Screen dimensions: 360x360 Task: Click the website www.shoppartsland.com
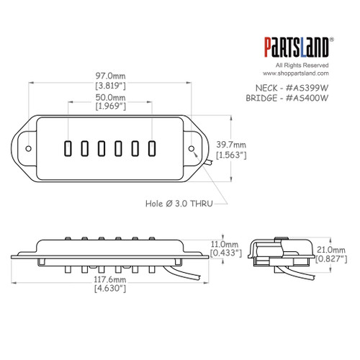click(x=294, y=73)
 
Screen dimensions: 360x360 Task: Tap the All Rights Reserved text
click(x=295, y=66)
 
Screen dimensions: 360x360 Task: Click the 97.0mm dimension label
click(x=112, y=76)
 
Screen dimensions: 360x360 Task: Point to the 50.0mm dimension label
click(x=112, y=97)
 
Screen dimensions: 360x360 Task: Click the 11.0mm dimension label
click(x=220, y=245)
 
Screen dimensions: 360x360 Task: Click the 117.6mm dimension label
click(x=112, y=279)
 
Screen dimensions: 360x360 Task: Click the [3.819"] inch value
click(x=112, y=86)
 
